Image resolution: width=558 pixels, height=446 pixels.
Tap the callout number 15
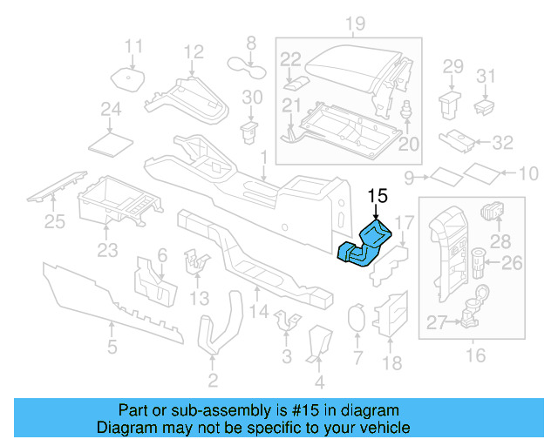click(x=376, y=197)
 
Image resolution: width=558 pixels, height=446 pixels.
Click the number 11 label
click(x=133, y=46)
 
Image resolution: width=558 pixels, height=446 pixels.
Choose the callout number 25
click(x=55, y=223)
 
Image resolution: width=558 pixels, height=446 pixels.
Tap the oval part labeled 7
click(x=356, y=320)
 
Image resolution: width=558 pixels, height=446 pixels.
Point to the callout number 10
click(x=529, y=175)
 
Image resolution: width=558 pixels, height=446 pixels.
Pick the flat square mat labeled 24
click(x=111, y=139)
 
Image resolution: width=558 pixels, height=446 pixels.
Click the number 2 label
click(x=212, y=380)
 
